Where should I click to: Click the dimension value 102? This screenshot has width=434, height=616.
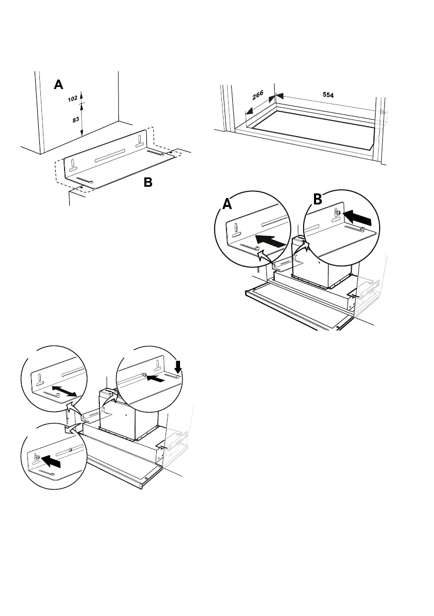72,99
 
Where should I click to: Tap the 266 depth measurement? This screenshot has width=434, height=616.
258,95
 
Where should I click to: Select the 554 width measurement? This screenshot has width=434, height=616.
327,95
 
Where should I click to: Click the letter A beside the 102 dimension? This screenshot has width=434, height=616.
59,85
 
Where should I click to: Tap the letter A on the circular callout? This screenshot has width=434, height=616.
227,205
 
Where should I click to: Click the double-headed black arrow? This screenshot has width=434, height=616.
65,389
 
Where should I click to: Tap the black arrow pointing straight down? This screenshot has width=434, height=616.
178,368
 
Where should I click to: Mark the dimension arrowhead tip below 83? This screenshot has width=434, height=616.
81,136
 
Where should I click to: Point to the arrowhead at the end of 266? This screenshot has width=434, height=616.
248,111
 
